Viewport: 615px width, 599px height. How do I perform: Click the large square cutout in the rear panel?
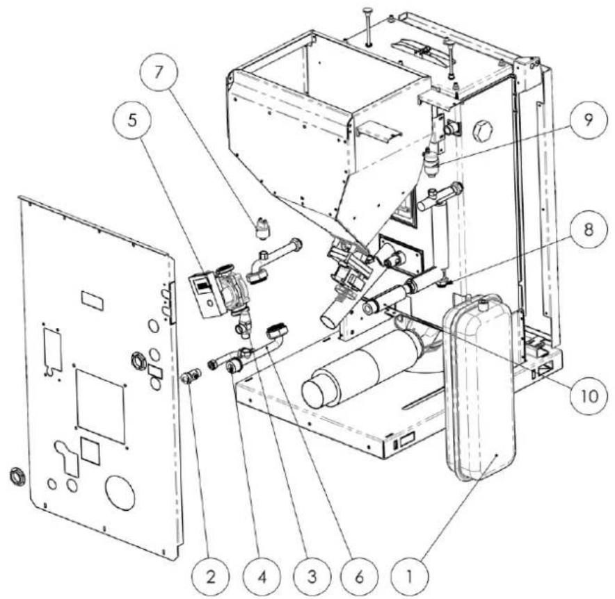[x=100, y=407]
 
